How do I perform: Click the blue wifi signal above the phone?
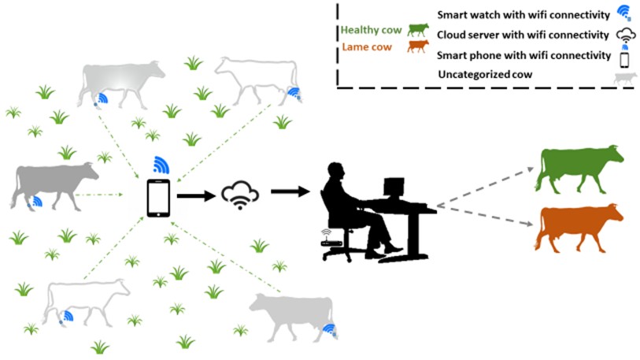[x=161, y=164]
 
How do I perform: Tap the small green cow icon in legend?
[x=417, y=29]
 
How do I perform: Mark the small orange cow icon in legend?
[x=417, y=46]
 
